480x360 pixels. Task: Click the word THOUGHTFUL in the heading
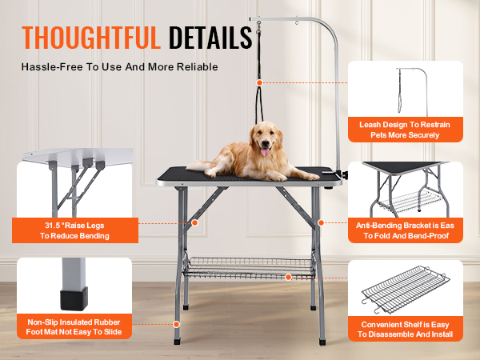91,38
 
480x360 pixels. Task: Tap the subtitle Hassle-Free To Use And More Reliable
119,66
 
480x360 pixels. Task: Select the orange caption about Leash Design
404,130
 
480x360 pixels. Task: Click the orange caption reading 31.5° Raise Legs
77,230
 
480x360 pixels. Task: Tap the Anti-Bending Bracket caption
404,231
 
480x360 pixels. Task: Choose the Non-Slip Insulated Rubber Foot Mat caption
74,326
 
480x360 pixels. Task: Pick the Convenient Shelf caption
405,329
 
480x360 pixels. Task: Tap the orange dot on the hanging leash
258,82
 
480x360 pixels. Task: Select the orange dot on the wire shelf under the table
289,277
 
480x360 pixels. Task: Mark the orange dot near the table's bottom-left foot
176,324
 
